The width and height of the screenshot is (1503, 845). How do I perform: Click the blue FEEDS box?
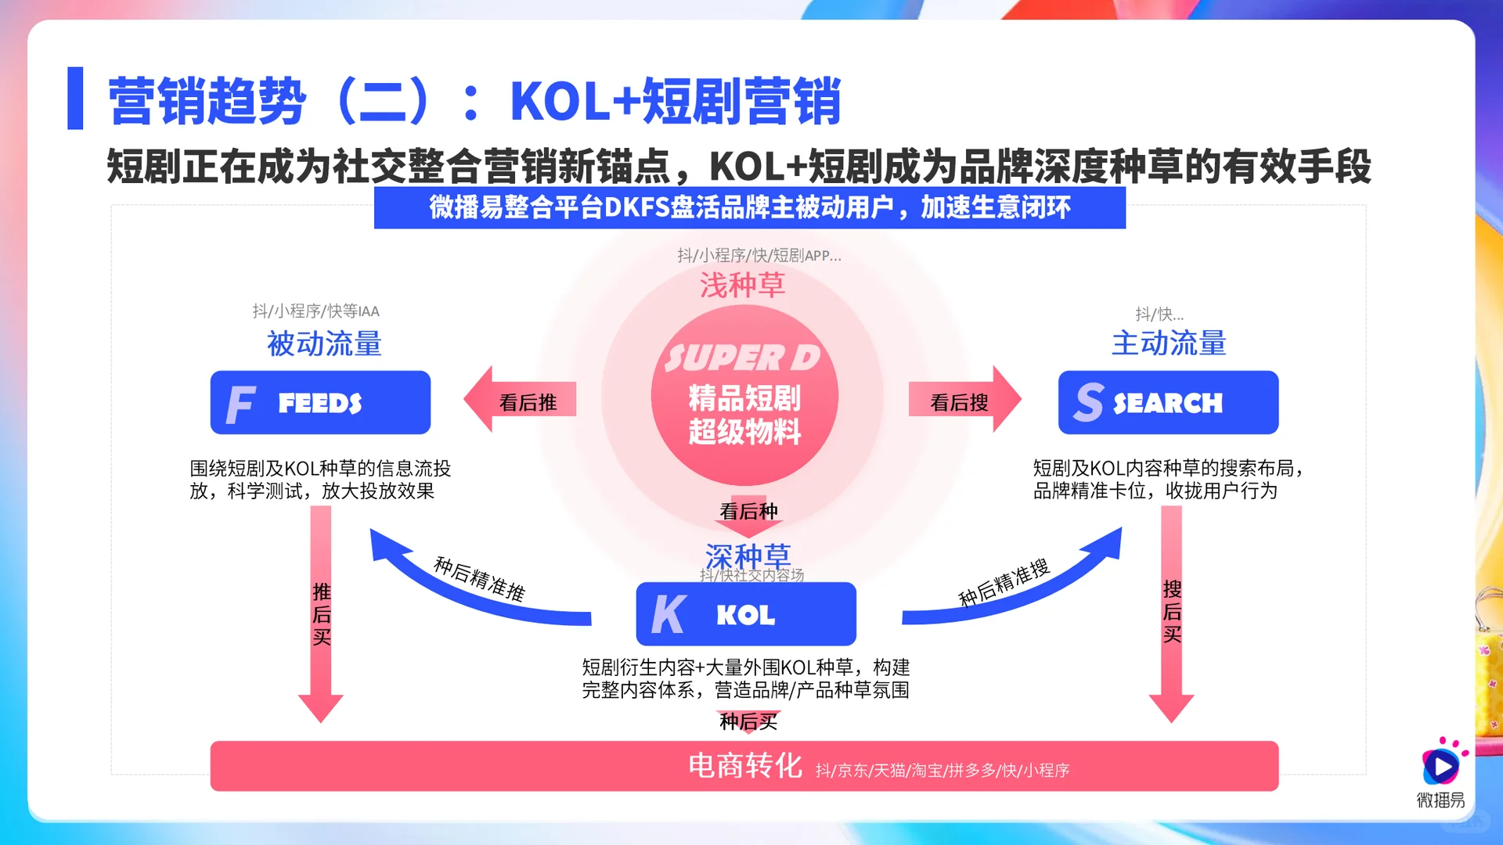click(x=320, y=402)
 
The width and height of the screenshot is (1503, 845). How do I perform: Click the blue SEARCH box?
click(x=1168, y=402)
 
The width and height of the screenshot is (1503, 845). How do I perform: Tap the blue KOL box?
click(x=745, y=614)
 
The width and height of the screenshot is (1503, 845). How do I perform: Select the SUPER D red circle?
click(x=744, y=395)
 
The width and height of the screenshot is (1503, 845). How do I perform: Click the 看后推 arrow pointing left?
click(x=520, y=400)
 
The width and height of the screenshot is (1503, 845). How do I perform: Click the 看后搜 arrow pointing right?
click(x=964, y=400)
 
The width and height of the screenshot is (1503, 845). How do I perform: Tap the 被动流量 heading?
click(x=324, y=343)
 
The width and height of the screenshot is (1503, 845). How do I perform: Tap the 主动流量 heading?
click(x=1169, y=343)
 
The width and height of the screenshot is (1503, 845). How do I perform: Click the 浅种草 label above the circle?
click(x=742, y=285)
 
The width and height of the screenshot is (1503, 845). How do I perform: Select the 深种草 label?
click(x=748, y=556)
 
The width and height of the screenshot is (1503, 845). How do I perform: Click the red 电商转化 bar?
click(x=744, y=766)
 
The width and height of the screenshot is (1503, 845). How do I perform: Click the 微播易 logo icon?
click(x=1440, y=764)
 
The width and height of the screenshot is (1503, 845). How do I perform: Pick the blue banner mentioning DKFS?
click(x=749, y=207)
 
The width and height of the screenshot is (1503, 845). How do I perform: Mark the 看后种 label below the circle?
click(x=748, y=512)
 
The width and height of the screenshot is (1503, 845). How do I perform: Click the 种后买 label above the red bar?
click(x=748, y=721)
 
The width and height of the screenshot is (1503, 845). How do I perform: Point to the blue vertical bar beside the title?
click(x=75, y=98)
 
